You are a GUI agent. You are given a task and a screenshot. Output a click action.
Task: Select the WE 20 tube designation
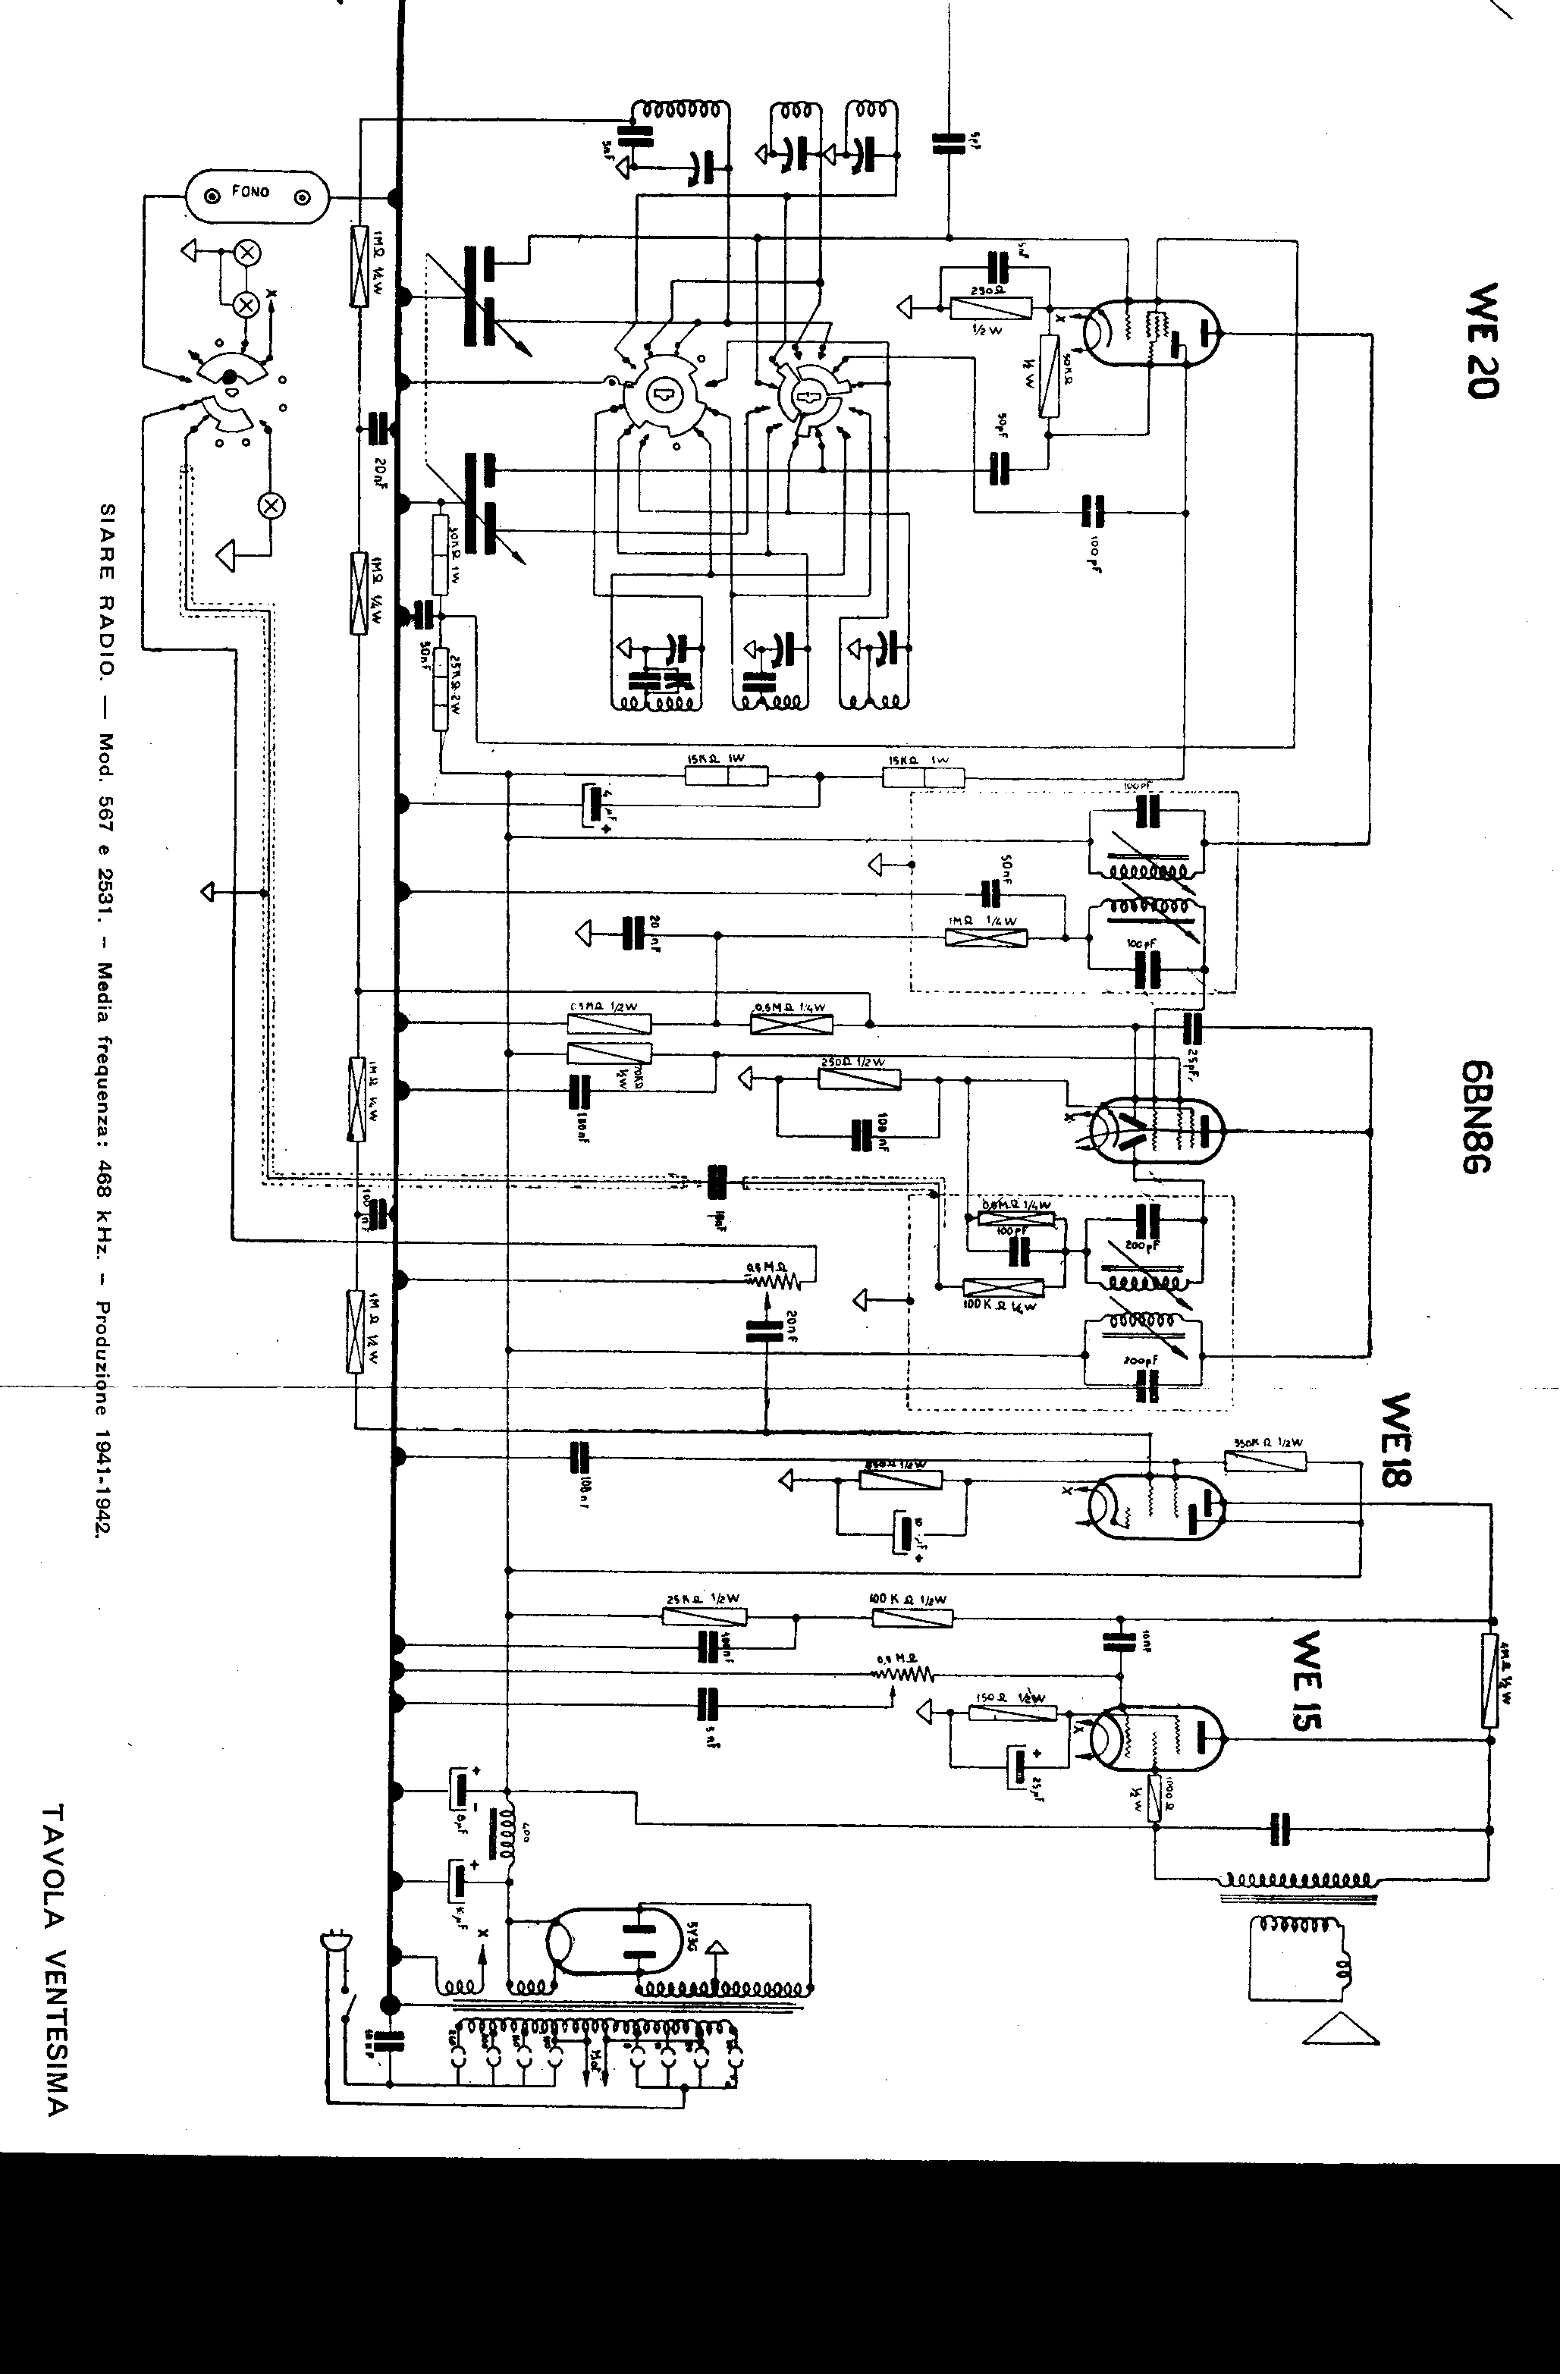[1481, 340]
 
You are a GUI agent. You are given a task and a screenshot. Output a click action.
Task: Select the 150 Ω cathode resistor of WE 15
[1012, 1713]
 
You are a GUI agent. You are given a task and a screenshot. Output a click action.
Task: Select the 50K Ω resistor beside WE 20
[1048, 375]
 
